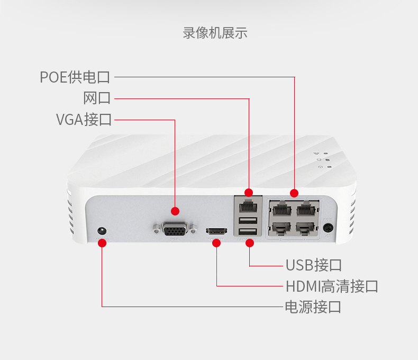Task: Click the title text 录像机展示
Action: point(215,33)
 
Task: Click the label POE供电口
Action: point(75,77)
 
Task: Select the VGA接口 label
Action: point(84,119)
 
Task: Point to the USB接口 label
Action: point(314,265)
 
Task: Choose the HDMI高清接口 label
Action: point(332,286)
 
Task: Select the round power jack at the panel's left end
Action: point(102,231)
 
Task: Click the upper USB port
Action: point(247,221)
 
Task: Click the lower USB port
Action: point(247,232)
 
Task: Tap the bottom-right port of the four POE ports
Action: point(307,228)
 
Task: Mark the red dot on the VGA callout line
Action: point(175,210)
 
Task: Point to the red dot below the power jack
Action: point(102,243)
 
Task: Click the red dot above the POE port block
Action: point(294,193)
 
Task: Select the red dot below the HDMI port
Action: point(216,244)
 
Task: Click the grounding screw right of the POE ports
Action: point(329,229)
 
